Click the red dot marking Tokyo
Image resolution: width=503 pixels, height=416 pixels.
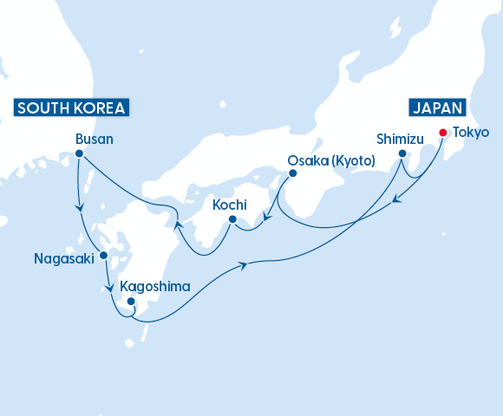tap(442, 133)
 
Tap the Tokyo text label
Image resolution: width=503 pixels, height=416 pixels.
tap(471, 133)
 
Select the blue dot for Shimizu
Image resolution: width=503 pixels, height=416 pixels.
tap(402, 154)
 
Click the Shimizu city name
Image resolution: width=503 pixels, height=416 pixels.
tap(400, 139)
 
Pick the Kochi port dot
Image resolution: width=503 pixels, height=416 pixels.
tap(232, 219)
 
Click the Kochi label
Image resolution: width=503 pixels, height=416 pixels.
tap(230, 205)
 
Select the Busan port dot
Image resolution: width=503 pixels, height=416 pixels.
tap(79, 154)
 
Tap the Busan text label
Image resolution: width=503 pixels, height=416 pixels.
tap(95, 139)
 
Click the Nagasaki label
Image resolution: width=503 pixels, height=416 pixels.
tap(62, 258)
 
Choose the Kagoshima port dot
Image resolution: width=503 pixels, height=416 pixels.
tap(131, 302)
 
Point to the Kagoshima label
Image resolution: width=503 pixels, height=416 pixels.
tap(155, 286)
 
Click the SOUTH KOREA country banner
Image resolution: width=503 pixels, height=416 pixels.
tap(71, 108)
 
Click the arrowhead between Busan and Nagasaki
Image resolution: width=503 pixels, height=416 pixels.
tap(80, 207)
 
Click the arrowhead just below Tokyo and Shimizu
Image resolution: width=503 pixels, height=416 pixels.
tap(395, 201)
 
